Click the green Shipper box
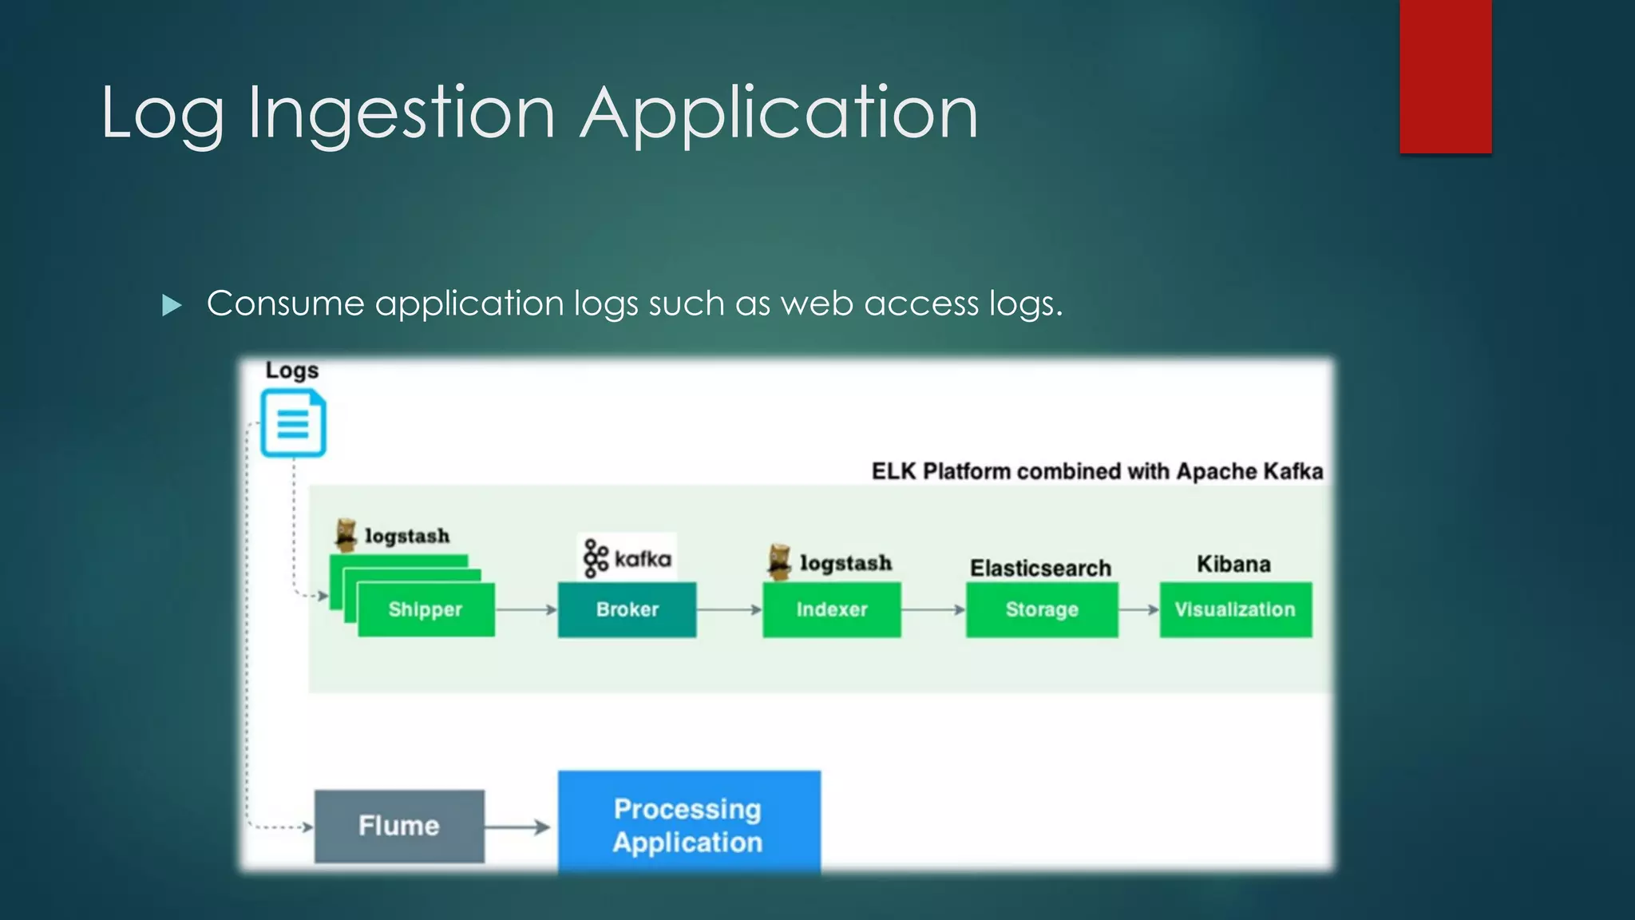[x=426, y=609]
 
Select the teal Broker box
[x=627, y=609]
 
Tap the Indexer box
[x=831, y=609]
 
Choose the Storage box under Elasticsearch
[x=1041, y=609]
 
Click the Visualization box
[x=1235, y=609]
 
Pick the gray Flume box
[x=398, y=826]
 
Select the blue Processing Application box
[x=688, y=824]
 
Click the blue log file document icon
[x=293, y=423]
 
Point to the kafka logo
[x=627, y=557]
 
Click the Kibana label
[x=1233, y=564]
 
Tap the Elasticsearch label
[x=1040, y=568]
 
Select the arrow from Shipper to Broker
[x=525, y=609]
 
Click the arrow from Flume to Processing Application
[x=517, y=827]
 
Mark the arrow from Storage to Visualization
[x=1138, y=609]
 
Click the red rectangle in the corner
[x=1445, y=76]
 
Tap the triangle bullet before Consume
[x=172, y=305]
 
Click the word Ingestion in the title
[x=402, y=113]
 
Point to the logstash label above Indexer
[x=845, y=563]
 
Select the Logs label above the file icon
[x=291, y=371]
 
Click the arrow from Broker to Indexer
[x=729, y=609]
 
